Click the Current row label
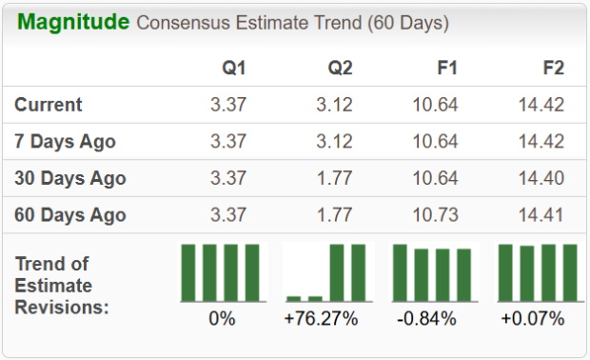(49, 105)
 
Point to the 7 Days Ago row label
(66, 141)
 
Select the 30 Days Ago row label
(70, 178)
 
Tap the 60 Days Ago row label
(70, 214)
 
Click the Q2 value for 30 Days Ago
(334, 178)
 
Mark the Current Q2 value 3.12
(334, 105)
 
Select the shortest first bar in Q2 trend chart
(293, 298)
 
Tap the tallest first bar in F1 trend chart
(400, 272)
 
